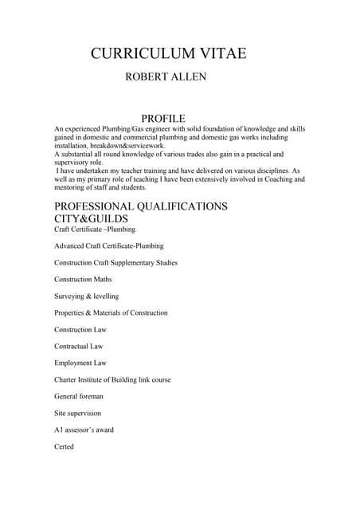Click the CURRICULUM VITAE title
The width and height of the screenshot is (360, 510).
(168, 53)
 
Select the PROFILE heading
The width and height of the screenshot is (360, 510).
(162, 118)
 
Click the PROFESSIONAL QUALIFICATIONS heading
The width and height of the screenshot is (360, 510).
(140, 206)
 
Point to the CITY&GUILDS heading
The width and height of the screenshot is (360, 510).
(91, 218)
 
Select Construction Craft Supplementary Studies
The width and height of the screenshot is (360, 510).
(115, 262)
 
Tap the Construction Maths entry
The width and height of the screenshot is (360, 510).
(83, 279)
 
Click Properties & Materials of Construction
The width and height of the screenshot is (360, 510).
(111, 312)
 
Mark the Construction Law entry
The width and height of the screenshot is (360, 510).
(80, 329)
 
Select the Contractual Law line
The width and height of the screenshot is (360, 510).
(78, 346)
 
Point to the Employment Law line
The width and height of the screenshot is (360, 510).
(80, 363)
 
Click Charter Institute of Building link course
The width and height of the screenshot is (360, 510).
(112, 379)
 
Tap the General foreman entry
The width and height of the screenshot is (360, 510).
(79, 396)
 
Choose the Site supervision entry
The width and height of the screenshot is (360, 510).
(77, 413)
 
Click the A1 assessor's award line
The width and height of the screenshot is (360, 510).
(84, 430)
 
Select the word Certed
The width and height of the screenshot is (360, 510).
(64, 446)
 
